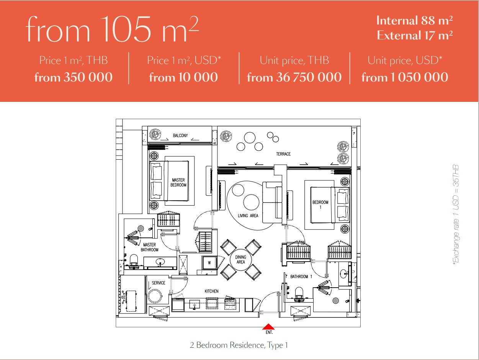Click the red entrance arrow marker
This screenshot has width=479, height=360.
tap(268, 326)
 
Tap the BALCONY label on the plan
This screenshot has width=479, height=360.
tap(180, 136)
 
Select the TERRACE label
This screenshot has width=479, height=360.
tap(283, 154)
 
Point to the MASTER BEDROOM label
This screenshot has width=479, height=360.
tap(178, 182)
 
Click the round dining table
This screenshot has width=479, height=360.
tap(241, 260)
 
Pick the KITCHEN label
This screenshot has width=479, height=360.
tap(211, 291)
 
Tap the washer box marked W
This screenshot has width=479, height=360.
tap(209, 263)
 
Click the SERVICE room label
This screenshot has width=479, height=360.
tap(159, 283)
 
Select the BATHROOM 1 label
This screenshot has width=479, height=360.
tap(301, 277)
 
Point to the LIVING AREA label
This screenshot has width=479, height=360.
tap(248, 216)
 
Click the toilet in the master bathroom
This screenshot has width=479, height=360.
tap(134, 261)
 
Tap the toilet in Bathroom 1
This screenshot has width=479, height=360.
tap(299, 294)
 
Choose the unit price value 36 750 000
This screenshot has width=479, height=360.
tap(309, 77)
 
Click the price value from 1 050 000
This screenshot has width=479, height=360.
tap(405, 77)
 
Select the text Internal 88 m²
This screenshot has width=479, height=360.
tap(414, 21)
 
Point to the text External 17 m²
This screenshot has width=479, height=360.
tap(415, 35)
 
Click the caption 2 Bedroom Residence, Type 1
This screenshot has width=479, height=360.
tap(239, 345)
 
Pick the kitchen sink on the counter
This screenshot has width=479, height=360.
tap(195, 304)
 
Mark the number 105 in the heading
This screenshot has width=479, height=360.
tap(126, 29)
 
